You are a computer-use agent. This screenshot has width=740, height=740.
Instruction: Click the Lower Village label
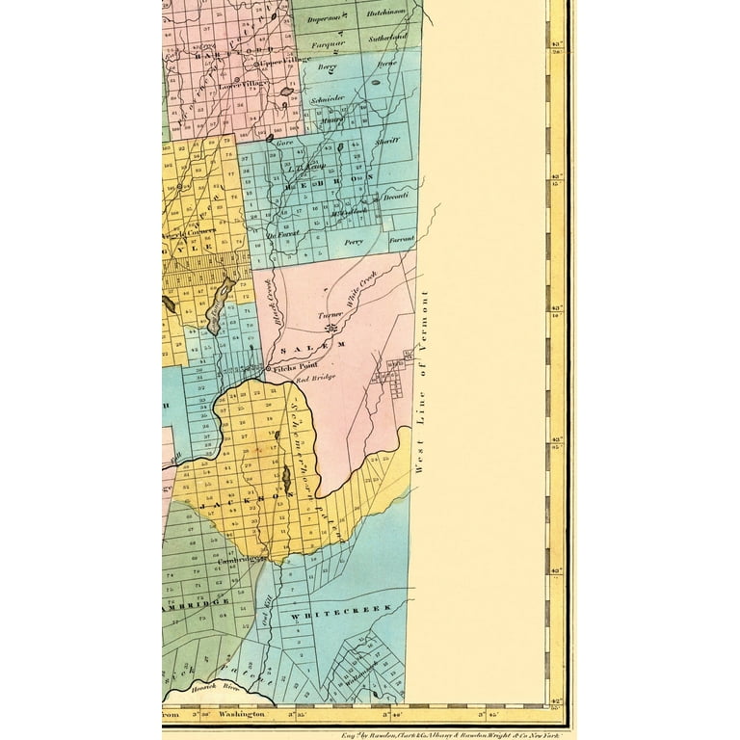tap(241, 86)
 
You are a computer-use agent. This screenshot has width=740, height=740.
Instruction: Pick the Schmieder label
tap(328, 99)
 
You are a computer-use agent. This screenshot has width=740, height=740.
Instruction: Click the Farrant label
tap(401, 237)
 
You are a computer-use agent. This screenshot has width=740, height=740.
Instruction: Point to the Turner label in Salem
tap(330, 316)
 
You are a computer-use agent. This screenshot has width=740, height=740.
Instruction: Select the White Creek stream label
tap(368, 286)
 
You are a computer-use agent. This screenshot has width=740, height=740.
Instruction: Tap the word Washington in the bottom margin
tap(241, 714)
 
